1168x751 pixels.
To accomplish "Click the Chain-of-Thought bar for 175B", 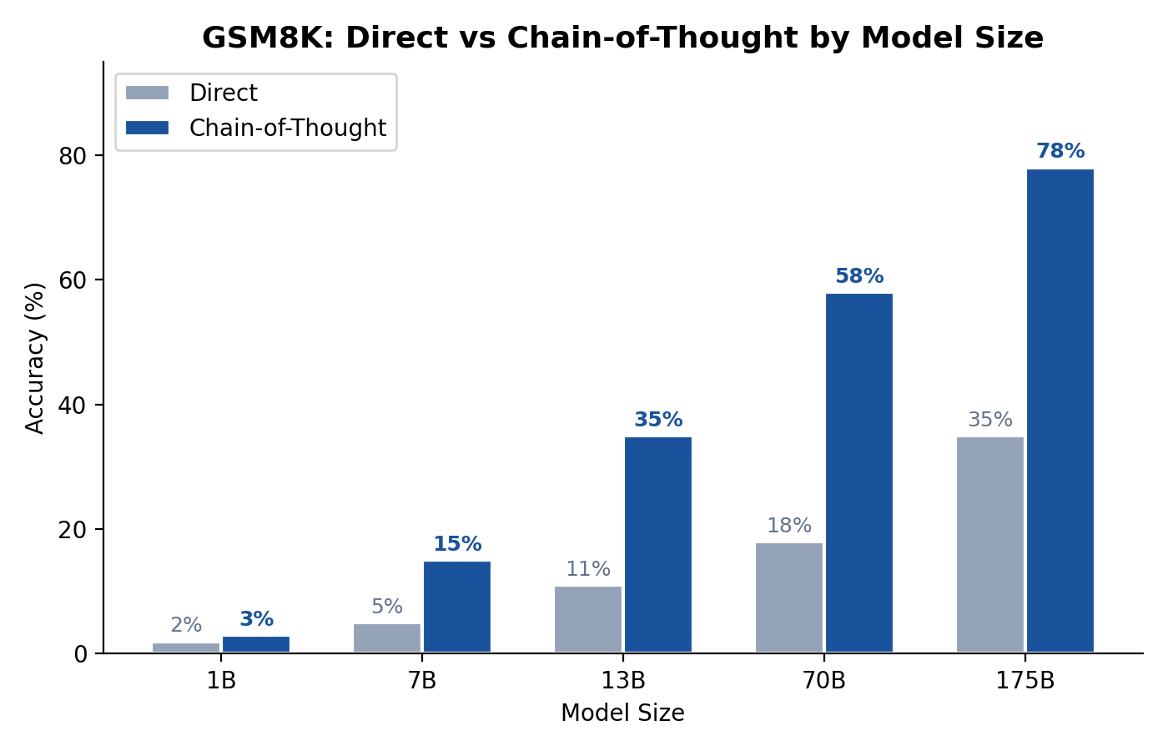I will pos(1060,411).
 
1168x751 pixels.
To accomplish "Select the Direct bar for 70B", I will pos(788,597).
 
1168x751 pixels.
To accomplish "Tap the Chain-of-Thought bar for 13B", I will pos(657,544).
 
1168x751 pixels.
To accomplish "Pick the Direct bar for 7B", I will pos(386,638).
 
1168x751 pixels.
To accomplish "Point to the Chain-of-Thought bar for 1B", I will pos(255,644).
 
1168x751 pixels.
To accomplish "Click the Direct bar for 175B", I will pos(989,544).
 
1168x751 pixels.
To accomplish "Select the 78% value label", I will pos(1060,152).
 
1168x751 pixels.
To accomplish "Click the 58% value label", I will pos(858,276).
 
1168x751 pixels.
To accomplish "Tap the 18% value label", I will pos(788,526).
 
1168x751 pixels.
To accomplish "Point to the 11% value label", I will pos(587,569).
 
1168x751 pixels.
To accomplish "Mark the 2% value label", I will pos(185,625).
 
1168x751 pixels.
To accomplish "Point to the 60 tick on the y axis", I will pos(73,280).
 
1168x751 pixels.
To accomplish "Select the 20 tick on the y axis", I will pos(73,530).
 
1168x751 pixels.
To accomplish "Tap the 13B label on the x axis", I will pos(623,681).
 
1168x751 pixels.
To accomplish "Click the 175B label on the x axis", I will pos(1025,681).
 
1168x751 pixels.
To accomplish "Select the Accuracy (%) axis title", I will pos(35,357).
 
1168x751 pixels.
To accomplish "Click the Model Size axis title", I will pos(622,713).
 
